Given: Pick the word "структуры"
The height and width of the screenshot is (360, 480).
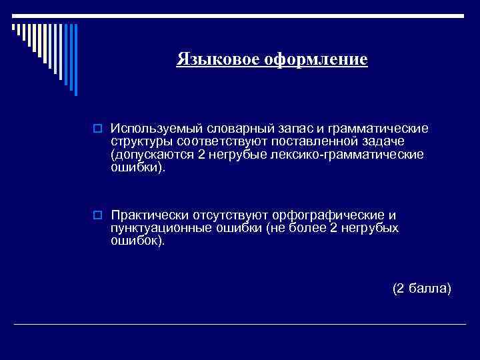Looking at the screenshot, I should pyautogui.click(x=140, y=141).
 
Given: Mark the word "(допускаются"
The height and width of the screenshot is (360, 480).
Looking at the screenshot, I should pyautogui.click(x=151, y=155).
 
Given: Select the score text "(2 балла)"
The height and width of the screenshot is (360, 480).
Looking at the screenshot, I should pyautogui.click(x=421, y=289).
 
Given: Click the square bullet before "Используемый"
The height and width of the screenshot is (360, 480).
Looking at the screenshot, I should pyautogui.click(x=97, y=128).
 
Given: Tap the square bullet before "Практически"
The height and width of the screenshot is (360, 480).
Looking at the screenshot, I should pyautogui.click(x=97, y=216).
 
